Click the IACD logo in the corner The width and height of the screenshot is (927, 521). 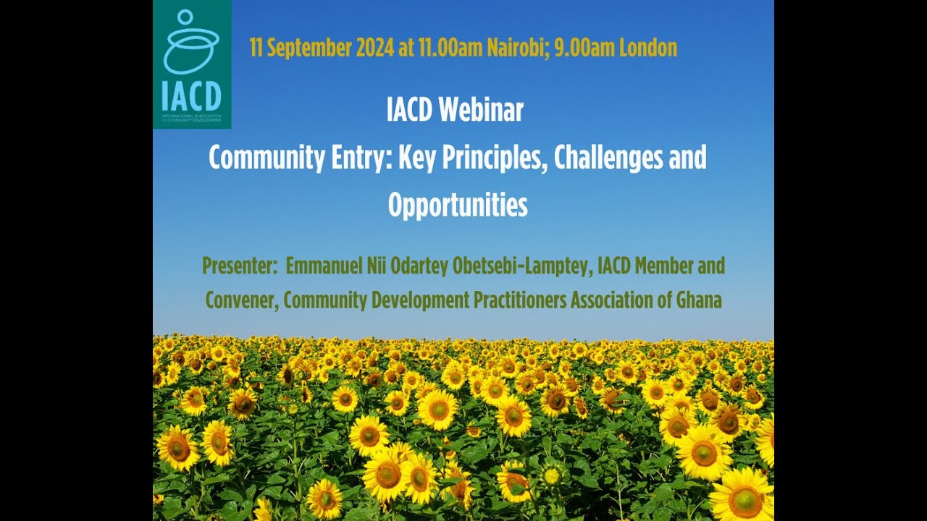pos(192,64)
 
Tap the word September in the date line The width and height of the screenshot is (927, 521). pos(309,48)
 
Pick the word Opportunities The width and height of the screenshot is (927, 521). pos(458,206)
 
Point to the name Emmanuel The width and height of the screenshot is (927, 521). pos(324,266)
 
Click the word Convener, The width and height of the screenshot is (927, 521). pos(243,300)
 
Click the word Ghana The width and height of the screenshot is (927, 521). pos(700,300)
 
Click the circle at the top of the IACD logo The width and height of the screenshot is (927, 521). pos(185,17)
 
